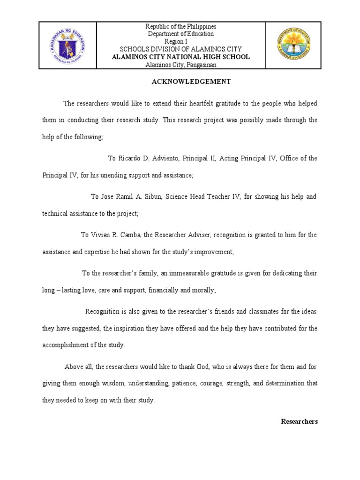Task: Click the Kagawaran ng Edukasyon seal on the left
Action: click(68, 45)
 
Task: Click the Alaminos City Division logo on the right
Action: click(293, 45)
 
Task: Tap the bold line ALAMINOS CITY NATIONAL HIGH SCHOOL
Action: click(181, 57)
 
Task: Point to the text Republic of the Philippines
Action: click(181, 26)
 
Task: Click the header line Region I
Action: click(181, 41)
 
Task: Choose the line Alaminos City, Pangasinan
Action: click(181, 64)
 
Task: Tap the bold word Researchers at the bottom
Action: click(299, 421)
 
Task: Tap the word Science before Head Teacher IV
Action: click(176, 196)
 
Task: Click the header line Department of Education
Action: click(181, 34)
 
